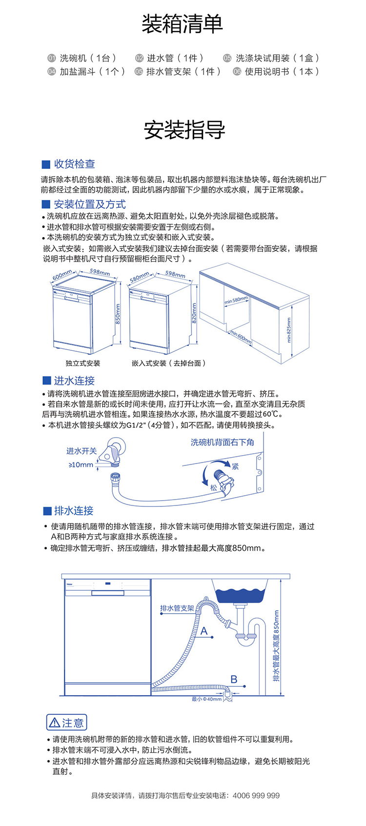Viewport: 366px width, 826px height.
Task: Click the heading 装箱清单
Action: point(183,24)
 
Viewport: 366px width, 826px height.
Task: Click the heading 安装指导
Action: point(183,129)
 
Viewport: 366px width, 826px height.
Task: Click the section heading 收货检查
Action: point(74,164)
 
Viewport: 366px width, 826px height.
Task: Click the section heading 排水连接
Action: point(74,511)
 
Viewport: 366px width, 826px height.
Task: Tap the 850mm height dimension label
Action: point(118,314)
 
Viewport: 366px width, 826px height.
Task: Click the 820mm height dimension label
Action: point(194,313)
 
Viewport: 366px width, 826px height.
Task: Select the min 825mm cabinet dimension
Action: point(289,330)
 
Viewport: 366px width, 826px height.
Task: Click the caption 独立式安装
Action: point(83,363)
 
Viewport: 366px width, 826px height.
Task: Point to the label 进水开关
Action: point(81,451)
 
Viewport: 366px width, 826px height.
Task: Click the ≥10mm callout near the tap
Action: point(81,465)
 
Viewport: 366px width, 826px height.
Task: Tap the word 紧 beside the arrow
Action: point(235,466)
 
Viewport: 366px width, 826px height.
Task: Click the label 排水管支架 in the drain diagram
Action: point(177,608)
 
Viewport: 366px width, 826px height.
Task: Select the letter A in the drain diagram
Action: point(204,631)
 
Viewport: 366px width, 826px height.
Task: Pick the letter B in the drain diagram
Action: point(234,679)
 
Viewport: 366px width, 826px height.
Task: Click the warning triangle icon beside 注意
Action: point(55,723)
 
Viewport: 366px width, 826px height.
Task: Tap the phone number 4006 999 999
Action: point(256,796)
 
